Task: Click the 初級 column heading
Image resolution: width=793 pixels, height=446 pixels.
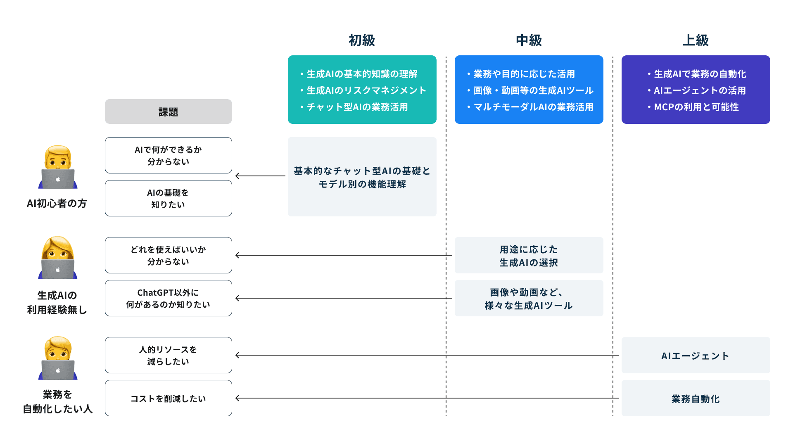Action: pyautogui.click(x=362, y=40)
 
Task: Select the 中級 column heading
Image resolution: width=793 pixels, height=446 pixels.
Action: pyautogui.click(x=529, y=40)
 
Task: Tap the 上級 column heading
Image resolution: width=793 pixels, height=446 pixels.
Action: pyautogui.click(x=696, y=40)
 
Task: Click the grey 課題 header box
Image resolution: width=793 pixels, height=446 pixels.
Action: pyautogui.click(x=168, y=111)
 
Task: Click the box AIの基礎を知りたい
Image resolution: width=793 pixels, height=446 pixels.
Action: pyautogui.click(x=168, y=198)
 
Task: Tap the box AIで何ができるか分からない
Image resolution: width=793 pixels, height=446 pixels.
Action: pyautogui.click(x=168, y=155)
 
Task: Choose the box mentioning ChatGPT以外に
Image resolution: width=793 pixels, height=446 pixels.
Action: pyautogui.click(x=168, y=298)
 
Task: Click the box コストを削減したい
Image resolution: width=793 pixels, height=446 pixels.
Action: pyautogui.click(x=168, y=398)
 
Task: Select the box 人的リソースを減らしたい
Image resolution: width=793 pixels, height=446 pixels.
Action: pyautogui.click(x=168, y=355)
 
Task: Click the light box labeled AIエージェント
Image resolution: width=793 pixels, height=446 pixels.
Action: pyautogui.click(x=696, y=356)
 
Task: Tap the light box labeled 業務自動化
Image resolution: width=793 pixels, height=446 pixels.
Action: pyautogui.click(x=696, y=399)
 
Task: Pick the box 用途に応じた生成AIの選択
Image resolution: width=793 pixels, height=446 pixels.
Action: pyautogui.click(x=529, y=255)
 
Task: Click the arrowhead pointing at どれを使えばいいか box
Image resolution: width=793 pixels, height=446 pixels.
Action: pyautogui.click(x=237, y=255)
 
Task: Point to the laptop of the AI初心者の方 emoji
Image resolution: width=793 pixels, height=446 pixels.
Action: pyautogui.click(x=58, y=179)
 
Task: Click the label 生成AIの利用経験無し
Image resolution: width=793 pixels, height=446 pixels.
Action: pyautogui.click(x=57, y=303)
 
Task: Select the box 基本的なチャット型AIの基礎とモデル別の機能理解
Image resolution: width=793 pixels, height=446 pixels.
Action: pyautogui.click(x=362, y=177)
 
